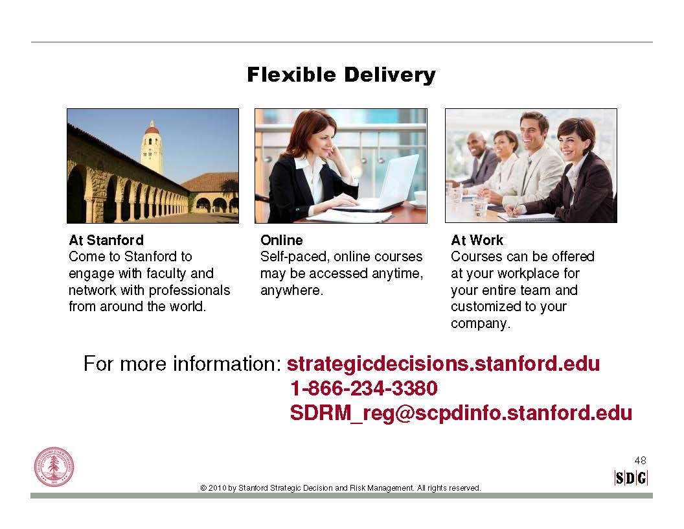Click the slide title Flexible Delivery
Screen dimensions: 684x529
tap(341, 75)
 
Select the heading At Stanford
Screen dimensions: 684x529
tap(106, 240)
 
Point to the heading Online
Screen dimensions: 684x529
tap(281, 240)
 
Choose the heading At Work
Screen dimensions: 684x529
tap(477, 240)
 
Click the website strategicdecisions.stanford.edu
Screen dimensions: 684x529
tap(443, 364)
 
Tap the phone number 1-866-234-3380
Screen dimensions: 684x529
tap(364, 388)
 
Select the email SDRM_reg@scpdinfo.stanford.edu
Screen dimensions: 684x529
tap(461, 412)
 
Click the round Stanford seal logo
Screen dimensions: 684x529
tap(54, 467)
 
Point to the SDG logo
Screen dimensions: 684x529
tap(631, 478)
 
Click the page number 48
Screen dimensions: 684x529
tap(641, 460)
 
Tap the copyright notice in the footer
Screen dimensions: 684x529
tap(341, 488)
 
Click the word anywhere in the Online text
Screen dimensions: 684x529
tap(292, 290)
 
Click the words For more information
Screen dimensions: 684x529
tap(182, 364)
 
